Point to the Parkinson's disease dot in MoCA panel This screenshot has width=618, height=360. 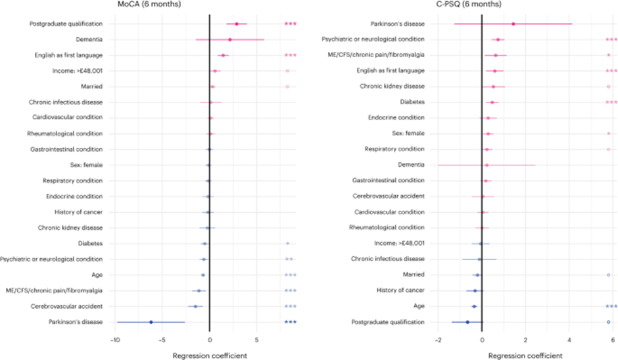point(151,322)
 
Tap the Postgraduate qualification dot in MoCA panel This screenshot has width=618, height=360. point(237,24)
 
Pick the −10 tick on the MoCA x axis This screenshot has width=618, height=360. point(115,340)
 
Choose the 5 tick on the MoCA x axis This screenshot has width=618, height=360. point(257,340)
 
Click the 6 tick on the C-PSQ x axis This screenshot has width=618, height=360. point(612,340)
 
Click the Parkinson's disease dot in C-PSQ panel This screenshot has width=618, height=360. point(513,24)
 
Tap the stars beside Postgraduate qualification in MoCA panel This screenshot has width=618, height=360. point(291,24)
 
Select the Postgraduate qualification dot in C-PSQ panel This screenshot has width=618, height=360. point(467,322)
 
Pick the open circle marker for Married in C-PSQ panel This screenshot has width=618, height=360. point(609,275)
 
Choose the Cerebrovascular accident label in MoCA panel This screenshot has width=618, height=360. point(68,306)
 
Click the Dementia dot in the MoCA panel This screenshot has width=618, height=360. point(229,39)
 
